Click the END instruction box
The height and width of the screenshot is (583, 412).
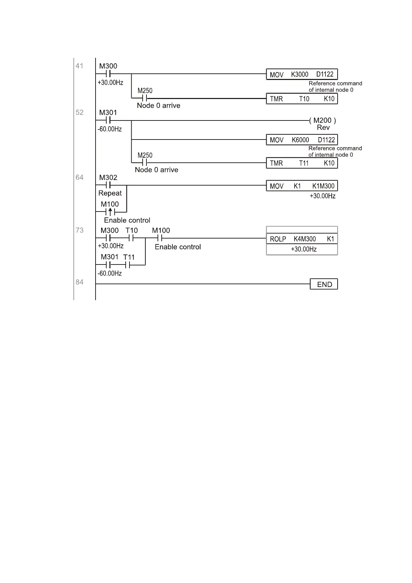(x=324, y=284)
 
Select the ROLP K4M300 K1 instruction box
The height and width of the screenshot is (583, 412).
(x=302, y=239)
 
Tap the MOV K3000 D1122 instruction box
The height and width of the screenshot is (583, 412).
(x=302, y=74)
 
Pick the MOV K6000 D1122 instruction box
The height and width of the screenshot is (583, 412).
(x=302, y=140)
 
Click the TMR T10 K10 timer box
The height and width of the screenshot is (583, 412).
(x=302, y=99)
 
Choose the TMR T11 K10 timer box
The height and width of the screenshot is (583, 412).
(x=302, y=163)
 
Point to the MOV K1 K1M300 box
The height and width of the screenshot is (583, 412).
(x=302, y=186)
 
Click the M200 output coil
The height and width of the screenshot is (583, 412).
(x=322, y=120)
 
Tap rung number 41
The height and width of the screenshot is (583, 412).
(x=80, y=66)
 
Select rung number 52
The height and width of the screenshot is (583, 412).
(x=80, y=113)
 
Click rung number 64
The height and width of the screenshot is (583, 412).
(x=80, y=178)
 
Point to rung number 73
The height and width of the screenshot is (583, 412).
(x=80, y=230)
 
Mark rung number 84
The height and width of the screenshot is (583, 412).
(x=80, y=282)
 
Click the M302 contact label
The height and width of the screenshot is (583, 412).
(x=108, y=178)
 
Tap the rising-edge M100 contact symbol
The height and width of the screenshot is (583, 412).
(x=110, y=212)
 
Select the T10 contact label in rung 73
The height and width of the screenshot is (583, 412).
(x=132, y=231)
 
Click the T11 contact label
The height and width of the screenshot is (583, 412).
(x=129, y=257)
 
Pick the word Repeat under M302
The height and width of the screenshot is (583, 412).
(x=110, y=193)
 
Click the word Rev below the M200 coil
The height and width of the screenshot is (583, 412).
(x=323, y=128)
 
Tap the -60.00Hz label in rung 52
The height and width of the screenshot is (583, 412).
(x=110, y=129)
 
